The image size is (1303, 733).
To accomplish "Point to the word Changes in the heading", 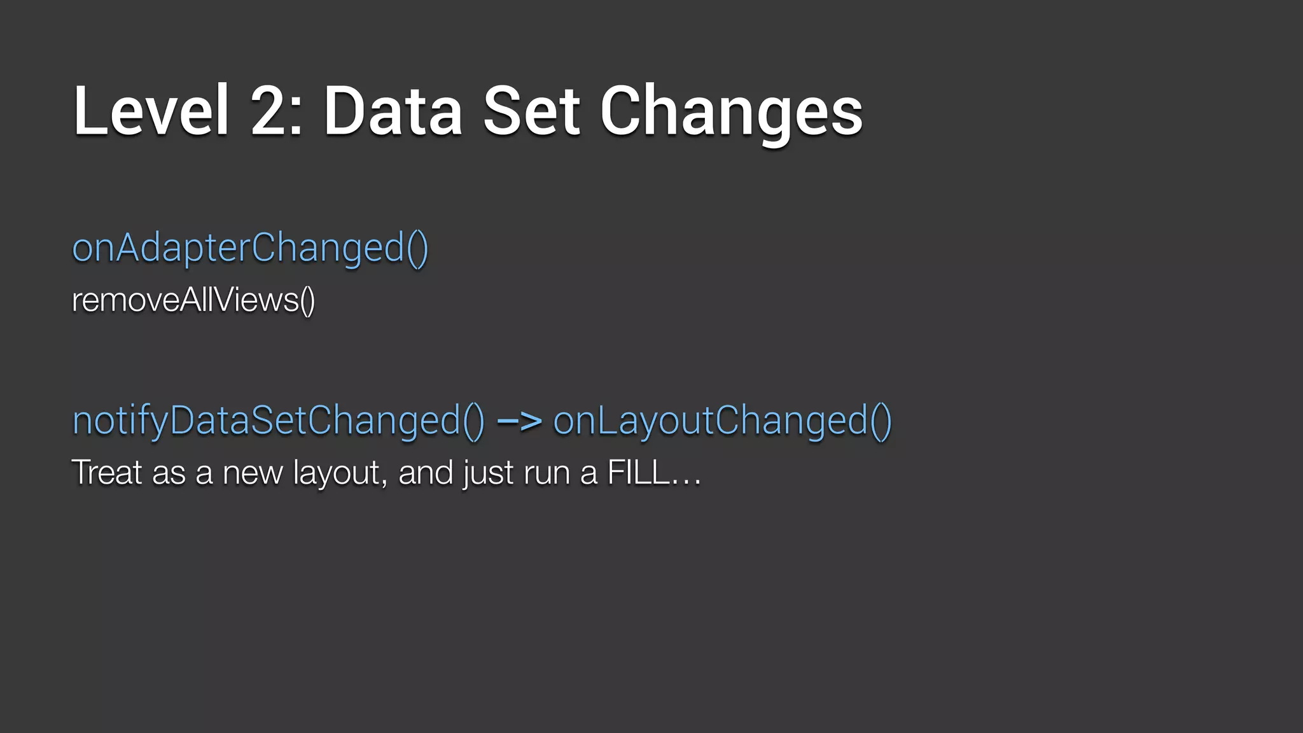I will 731,113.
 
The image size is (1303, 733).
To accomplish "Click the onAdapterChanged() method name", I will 250,248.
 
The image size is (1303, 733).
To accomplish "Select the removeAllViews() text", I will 193,300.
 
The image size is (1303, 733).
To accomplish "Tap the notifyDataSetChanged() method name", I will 278,421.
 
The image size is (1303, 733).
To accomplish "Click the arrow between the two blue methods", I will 519,421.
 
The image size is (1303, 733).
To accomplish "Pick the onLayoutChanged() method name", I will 722,421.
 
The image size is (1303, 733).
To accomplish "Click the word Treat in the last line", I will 107,472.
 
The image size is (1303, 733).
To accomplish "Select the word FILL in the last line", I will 638,472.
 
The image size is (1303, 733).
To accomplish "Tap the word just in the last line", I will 488,473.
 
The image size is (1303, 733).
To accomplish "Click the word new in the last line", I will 253,473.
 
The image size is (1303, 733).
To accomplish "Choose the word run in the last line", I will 547,473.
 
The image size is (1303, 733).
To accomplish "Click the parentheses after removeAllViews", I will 307,300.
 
